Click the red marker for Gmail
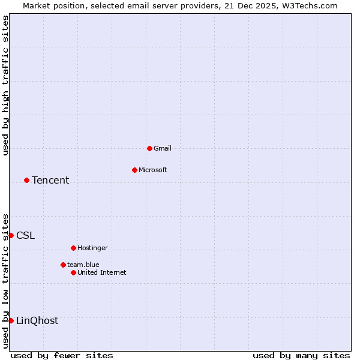coord(149,148)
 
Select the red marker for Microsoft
coord(134,170)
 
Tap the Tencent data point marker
coord(26,180)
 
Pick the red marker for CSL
coord(11,235)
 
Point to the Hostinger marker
coord(73,248)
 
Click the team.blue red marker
coord(63,265)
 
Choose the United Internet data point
coord(73,272)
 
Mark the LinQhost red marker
coord(11,320)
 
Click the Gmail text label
coord(163,148)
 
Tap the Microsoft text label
coord(153,170)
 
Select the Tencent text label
coord(50,180)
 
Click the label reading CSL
coord(26,235)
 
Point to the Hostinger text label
coord(93,248)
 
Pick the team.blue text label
coord(83,265)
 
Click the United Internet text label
coord(102,272)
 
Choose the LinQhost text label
coord(37,320)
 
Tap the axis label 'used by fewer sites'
coord(62,355)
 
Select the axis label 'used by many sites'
coord(301,355)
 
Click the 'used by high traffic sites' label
coord(5,85)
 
